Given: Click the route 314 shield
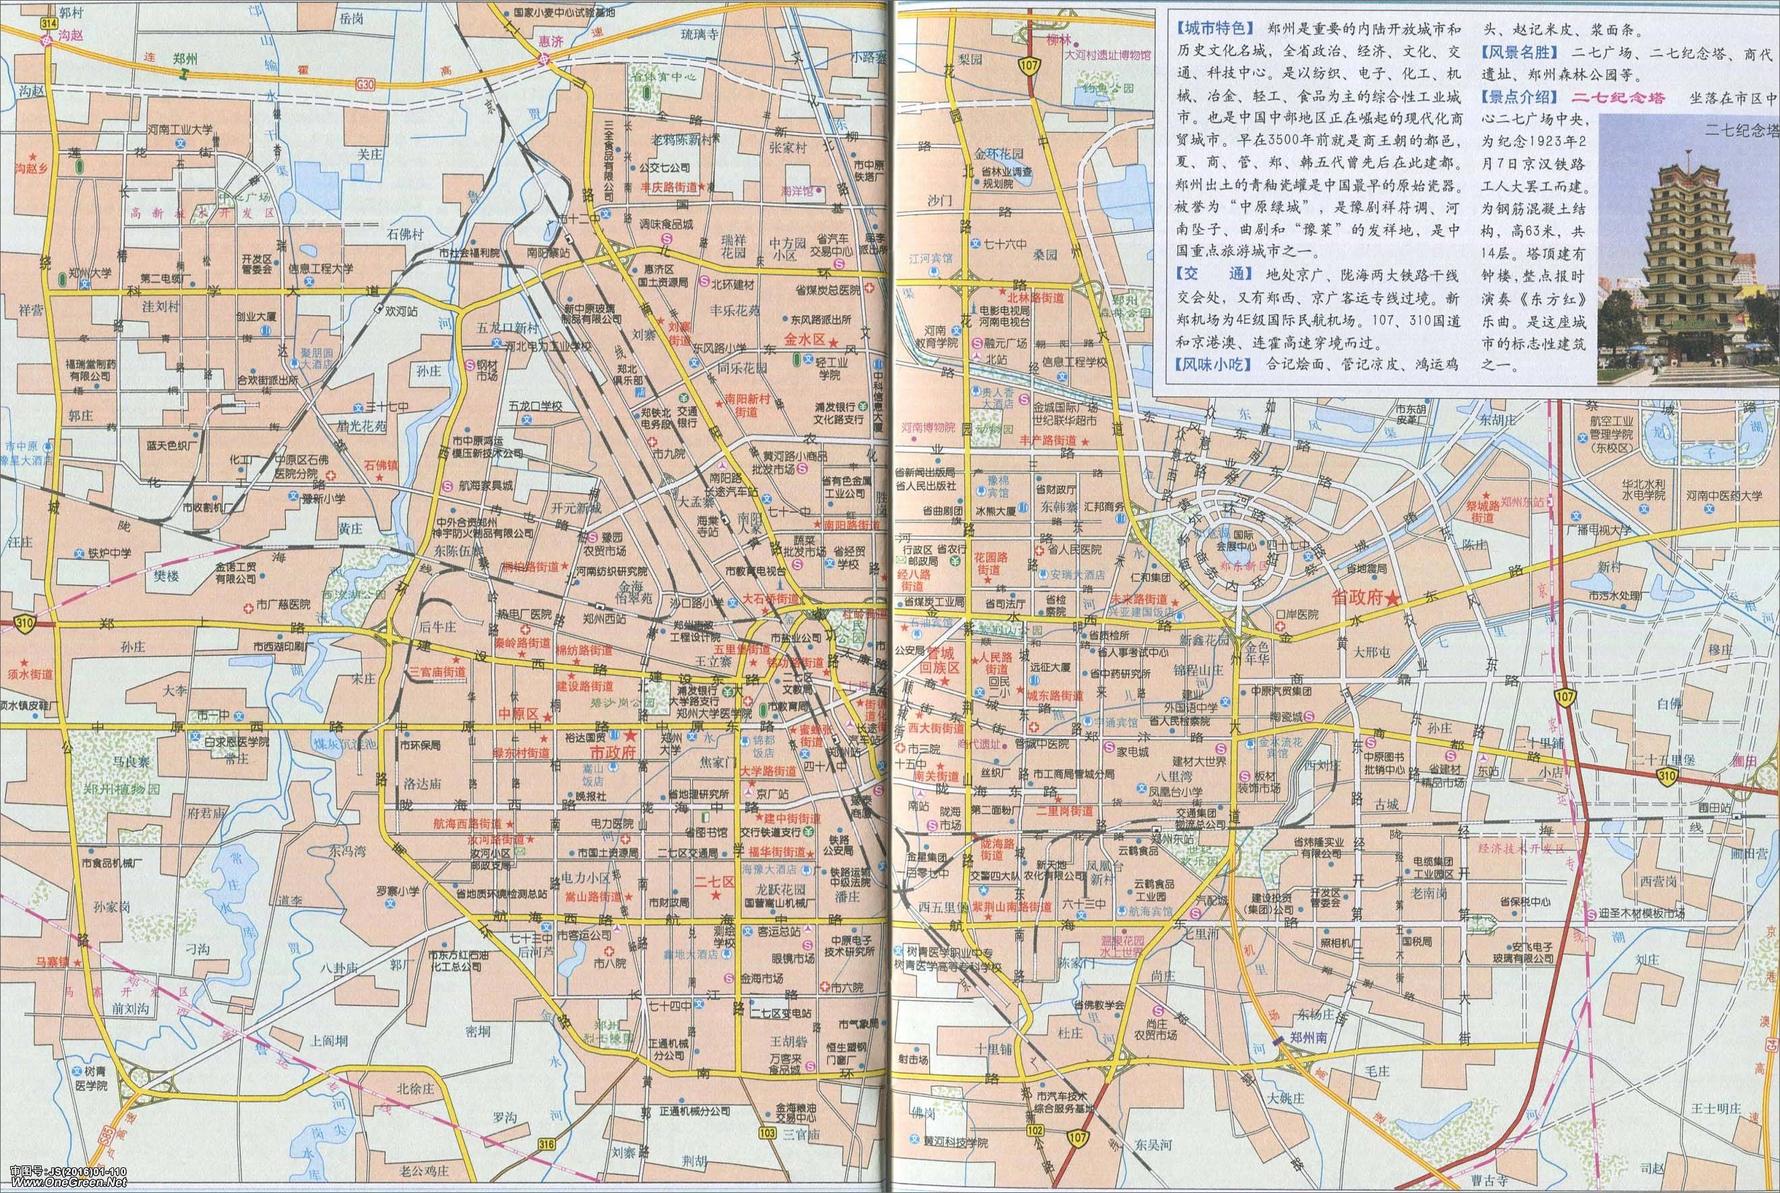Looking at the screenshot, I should (49, 24).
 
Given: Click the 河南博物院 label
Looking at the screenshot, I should (928, 427).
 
